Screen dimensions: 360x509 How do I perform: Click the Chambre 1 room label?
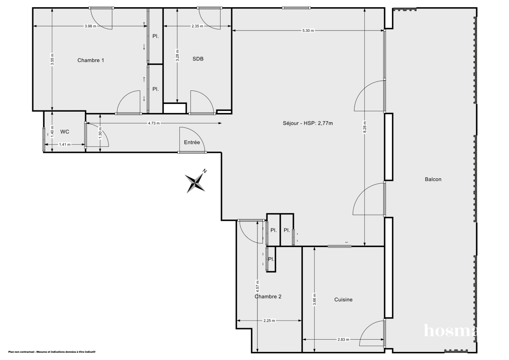[91, 60]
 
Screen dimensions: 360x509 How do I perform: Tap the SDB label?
[198, 59]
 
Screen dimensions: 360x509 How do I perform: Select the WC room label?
[65, 132]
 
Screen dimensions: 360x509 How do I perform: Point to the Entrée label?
[192, 143]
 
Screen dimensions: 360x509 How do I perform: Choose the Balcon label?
[433, 179]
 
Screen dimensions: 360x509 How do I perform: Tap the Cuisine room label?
[343, 300]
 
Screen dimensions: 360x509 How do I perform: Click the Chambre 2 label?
[268, 297]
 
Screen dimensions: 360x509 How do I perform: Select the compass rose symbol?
[196, 182]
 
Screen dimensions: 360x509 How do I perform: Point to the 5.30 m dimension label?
[308, 30]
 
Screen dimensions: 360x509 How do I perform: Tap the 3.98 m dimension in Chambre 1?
[90, 26]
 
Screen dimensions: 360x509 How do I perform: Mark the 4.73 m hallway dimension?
[154, 124]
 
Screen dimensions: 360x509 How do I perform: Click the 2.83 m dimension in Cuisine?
[343, 340]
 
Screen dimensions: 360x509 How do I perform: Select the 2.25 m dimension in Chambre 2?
[269, 321]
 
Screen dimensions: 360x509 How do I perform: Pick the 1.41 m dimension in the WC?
[64, 144]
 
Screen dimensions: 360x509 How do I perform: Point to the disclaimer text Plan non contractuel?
[51, 352]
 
